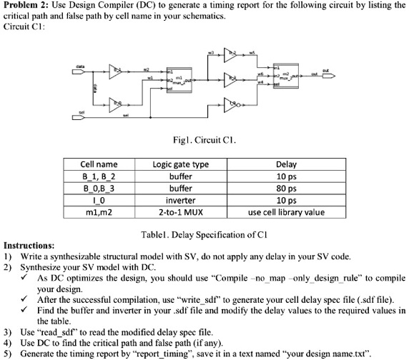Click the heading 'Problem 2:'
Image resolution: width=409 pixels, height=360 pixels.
click(28, 6)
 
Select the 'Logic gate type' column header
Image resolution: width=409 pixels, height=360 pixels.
click(180, 164)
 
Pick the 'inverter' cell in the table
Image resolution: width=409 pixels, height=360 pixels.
click(180, 200)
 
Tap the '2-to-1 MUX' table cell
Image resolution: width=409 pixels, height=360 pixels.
click(180, 212)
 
